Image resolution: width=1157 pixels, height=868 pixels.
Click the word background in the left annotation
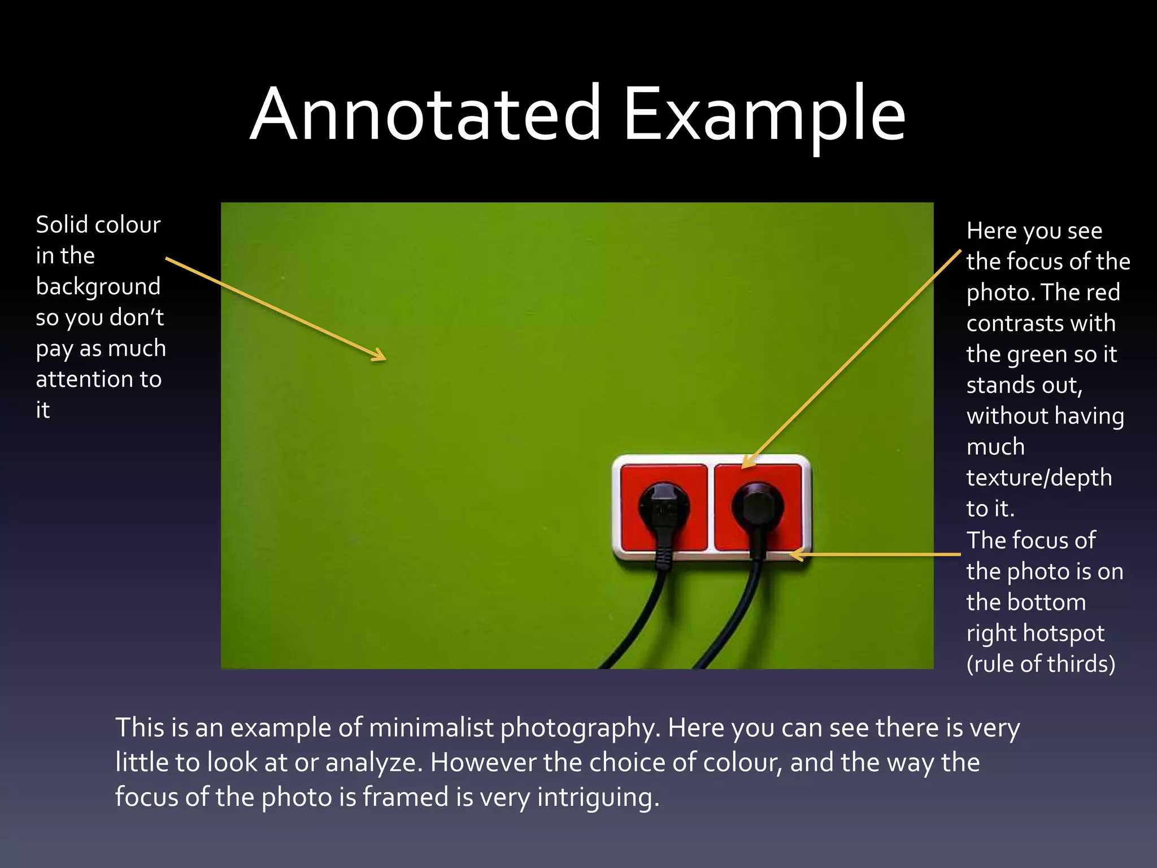click(x=98, y=287)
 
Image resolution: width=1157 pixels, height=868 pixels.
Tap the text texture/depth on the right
click(x=1038, y=478)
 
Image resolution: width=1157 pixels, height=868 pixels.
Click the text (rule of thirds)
click(x=1041, y=665)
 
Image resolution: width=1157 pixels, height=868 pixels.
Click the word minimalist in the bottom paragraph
click(x=431, y=728)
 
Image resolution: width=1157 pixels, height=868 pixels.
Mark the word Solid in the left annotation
click(x=61, y=225)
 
